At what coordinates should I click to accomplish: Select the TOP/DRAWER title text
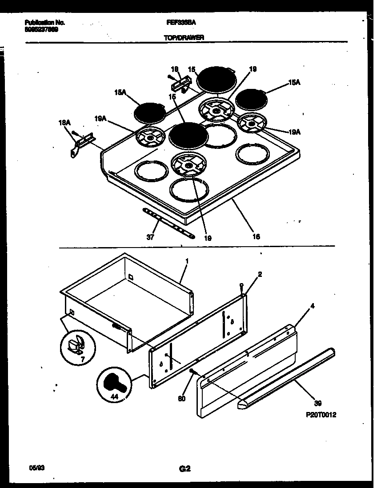184,38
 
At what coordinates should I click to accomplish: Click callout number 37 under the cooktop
150,237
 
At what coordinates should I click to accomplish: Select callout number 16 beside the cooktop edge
256,236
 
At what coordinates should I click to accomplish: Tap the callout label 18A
64,122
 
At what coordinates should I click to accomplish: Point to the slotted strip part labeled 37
169,224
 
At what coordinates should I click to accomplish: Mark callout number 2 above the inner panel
260,274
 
